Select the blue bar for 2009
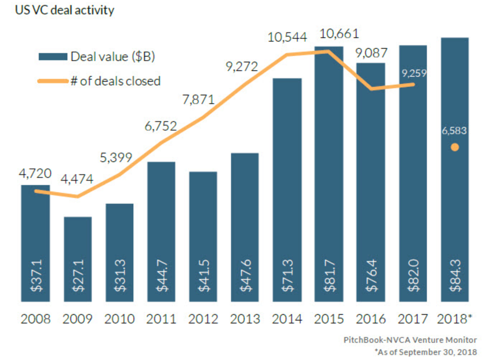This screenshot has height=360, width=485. pos(78,256)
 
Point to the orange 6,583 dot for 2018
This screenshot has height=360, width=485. pos(454,148)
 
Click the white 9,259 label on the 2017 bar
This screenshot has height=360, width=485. pos(413,73)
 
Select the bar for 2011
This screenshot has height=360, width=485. pos(161,228)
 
